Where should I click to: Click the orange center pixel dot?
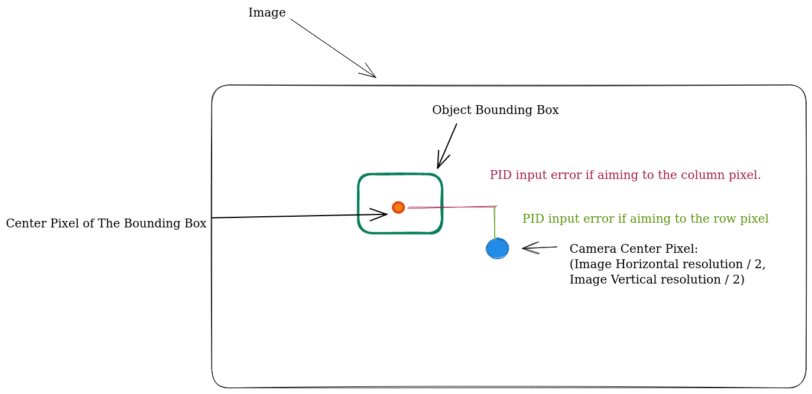pos(398,207)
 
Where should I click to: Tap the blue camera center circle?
pos(497,249)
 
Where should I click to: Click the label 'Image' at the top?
pos(267,13)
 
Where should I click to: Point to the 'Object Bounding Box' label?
pos(495,110)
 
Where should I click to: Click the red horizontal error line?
pos(452,207)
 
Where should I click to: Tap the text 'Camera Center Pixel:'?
pos(634,249)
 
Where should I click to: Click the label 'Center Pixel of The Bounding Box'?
pos(106,224)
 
